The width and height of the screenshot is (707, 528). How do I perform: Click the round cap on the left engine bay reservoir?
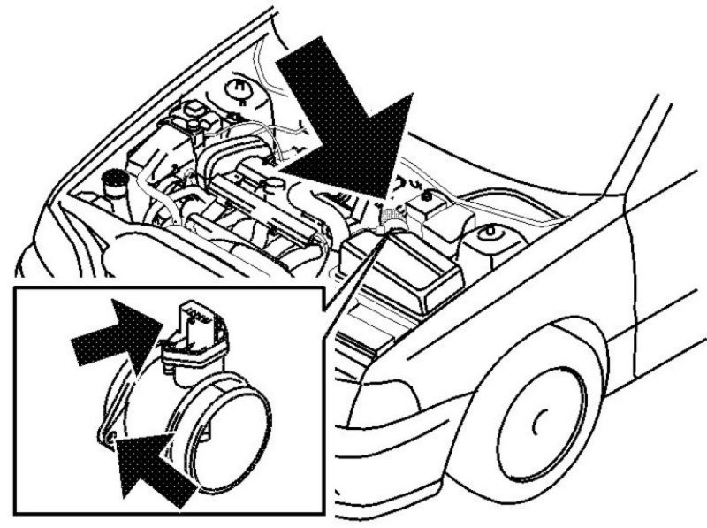[115, 180]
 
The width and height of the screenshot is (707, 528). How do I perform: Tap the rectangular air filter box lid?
[407, 265]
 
